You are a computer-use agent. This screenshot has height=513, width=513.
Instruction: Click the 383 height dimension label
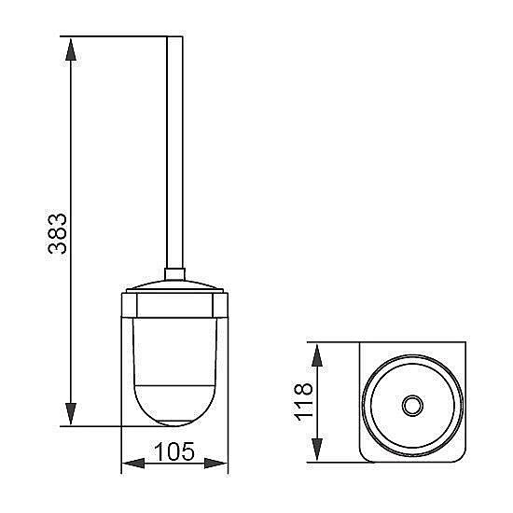point(58,233)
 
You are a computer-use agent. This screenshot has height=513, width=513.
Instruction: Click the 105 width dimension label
point(174,451)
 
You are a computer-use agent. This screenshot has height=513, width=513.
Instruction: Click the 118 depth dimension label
point(304,401)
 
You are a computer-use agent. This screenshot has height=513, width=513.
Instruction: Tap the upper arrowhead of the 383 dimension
point(71,49)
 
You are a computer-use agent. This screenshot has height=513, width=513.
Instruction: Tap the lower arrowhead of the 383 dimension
point(71,413)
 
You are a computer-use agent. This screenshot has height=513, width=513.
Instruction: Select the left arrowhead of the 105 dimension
point(133,464)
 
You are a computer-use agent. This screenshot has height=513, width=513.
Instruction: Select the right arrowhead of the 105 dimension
point(215,464)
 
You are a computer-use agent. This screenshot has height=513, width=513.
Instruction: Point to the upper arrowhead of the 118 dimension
point(317,355)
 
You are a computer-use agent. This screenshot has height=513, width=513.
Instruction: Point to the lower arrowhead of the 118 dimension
point(317,450)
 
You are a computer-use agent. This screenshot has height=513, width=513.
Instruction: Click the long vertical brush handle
point(174,152)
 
